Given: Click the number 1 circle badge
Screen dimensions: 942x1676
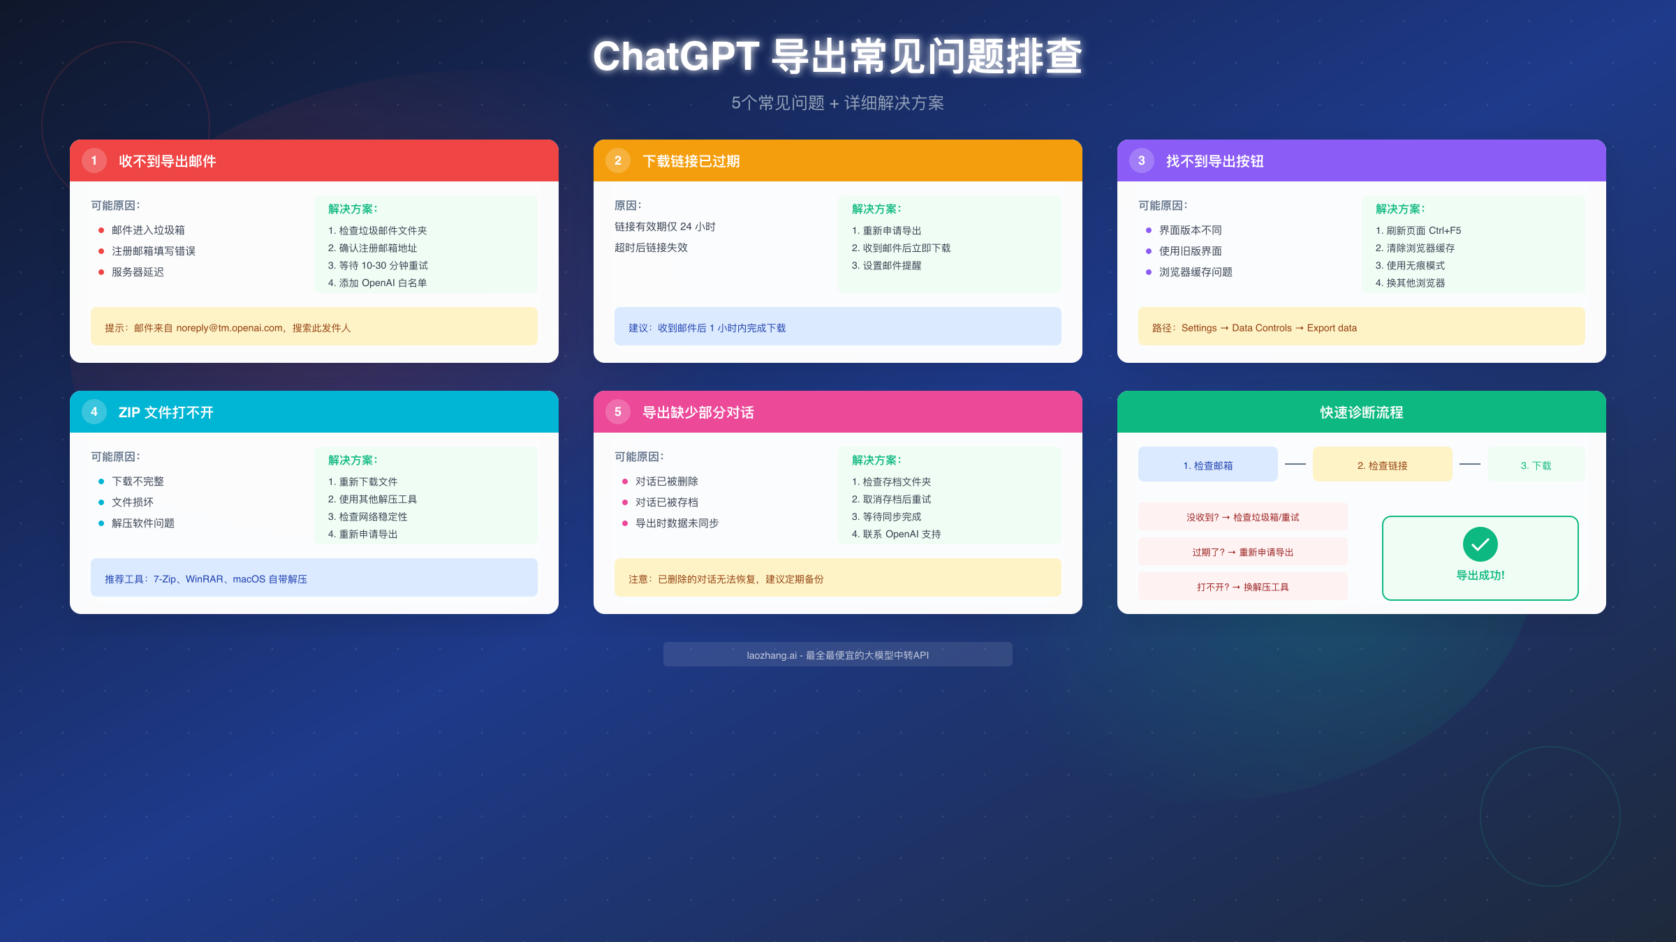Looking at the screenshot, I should coord(94,160).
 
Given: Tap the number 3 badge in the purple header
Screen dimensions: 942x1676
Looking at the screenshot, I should coord(1142,160).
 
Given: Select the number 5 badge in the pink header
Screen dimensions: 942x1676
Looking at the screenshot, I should coord(618,412).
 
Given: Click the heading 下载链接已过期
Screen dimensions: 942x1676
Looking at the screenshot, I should coord(691,161).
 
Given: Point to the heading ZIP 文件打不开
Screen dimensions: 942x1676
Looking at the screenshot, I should coord(166,412).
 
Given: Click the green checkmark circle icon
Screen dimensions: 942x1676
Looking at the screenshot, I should coord(1480,544).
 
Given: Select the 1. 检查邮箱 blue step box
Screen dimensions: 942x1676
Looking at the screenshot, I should coord(1207,465).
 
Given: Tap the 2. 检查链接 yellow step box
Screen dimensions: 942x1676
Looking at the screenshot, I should coord(1382,465).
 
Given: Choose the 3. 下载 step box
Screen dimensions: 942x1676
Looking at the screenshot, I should coord(1536,465).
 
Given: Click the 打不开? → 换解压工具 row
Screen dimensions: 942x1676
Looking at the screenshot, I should coord(1242,587).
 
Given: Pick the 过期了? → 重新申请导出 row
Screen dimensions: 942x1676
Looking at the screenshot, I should coord(1242,552).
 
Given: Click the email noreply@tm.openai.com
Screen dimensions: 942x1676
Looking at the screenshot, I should coord(230,328).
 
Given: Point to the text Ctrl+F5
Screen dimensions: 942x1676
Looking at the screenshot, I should coord(1445,230).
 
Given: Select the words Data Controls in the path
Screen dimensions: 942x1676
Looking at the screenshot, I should coord(1262,328).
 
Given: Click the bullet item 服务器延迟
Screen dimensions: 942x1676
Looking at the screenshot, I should coord(138,272).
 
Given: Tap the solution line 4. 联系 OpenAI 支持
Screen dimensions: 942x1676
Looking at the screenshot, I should coord(896,534).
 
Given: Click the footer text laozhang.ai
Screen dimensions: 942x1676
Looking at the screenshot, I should coord(771,655).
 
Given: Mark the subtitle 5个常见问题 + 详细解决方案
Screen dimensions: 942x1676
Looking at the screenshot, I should coord(837,103).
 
